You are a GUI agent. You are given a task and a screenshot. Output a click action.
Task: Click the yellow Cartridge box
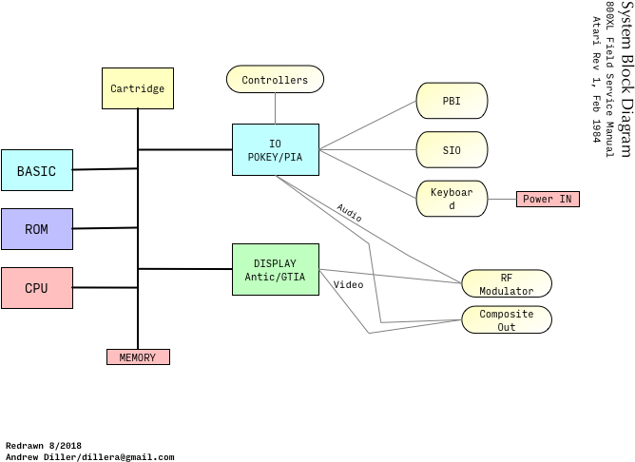coord(137,88)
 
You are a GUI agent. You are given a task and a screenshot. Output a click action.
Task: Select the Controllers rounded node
coord(275,80)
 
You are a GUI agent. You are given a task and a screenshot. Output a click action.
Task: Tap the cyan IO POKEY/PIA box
coord(275,149)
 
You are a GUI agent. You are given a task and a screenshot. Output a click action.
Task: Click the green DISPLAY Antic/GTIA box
coord(275,269)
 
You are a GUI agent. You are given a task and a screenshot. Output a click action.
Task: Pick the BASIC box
coord(36,171)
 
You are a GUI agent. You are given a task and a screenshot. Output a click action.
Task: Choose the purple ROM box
coord(36,229)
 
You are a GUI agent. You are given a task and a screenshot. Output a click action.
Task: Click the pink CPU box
coord(36,288)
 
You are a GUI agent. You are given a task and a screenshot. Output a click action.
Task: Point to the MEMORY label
coord(138,357)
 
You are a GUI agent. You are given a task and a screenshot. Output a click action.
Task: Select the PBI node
coord(452,101)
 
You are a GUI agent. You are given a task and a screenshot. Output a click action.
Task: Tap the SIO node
coord(452,150)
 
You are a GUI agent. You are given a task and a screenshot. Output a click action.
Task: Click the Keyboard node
coord(452,199)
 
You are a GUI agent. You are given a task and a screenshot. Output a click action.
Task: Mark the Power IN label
coord(548,200)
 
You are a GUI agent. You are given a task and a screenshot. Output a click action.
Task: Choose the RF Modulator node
coord(506,284)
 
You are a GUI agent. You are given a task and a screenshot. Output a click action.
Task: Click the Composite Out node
coord(506,320)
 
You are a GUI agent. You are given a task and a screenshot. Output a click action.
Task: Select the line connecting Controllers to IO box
coord(275,108)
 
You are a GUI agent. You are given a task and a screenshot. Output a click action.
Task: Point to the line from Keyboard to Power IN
coord(502,200)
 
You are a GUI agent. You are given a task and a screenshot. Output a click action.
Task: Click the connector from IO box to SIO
coord(368,149)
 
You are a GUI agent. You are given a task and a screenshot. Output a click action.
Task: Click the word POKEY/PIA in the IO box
coord(275,157)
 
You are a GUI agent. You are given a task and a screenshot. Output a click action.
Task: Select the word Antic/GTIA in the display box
coord(275,277)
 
